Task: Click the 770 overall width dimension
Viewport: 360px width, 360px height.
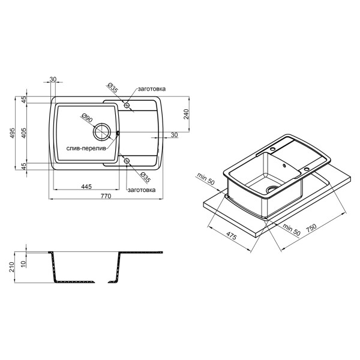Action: pos(106,196)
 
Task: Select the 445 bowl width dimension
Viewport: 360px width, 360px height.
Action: pos(86,187)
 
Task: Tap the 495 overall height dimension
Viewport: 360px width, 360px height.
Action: pos(12,133)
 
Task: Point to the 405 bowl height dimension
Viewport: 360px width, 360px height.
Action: pos(24,133)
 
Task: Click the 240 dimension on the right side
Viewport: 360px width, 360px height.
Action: pos(186,114)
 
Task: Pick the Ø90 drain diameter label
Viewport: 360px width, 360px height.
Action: pos(86,118)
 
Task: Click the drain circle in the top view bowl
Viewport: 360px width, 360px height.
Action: pos(102,132)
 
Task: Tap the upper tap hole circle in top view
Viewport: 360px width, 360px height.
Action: pos(127,105)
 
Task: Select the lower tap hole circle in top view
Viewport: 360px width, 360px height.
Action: pos(127,161)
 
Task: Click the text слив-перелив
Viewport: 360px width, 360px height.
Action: pos(86,148)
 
